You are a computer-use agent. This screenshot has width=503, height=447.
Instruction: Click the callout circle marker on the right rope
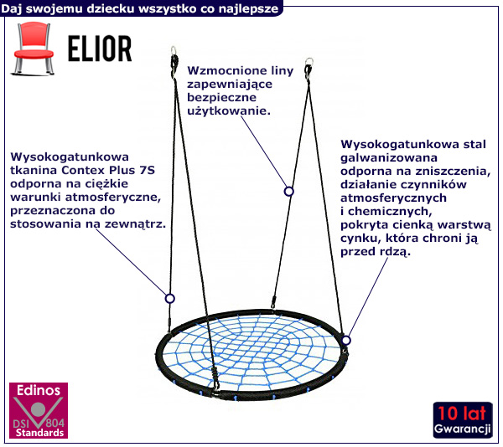tap(289, 191)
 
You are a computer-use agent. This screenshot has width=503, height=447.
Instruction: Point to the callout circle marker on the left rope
tap(169, 298)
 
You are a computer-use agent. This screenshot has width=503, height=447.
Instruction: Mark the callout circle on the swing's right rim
tap(345, 340)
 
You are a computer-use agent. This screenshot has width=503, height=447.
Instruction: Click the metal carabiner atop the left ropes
tap(174, 59)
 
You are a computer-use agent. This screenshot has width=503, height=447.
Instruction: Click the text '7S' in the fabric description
tap(147, 170)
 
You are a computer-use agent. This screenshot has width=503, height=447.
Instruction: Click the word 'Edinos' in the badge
tap(35, 391)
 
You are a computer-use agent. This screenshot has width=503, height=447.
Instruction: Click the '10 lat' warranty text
tap(462, 414)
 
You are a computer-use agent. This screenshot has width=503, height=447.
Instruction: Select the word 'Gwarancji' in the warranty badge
tap(462, 429)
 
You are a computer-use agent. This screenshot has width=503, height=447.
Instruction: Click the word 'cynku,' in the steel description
tap(360, 238)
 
